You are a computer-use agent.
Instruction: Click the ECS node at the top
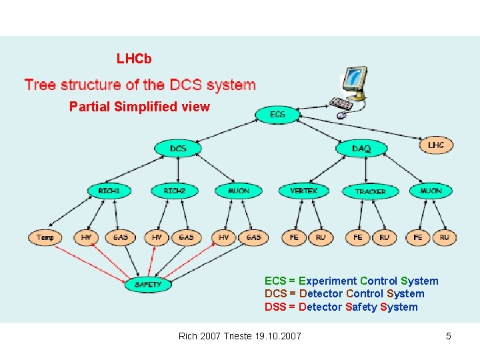278,115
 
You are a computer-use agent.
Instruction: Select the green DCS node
178,148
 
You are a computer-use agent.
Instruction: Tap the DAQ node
361,149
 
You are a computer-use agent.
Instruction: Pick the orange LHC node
435,145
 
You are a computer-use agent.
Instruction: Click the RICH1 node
109,191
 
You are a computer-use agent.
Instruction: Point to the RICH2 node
174,191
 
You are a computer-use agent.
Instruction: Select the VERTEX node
303,191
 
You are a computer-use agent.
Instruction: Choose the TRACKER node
370,191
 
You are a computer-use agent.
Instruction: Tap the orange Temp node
45,237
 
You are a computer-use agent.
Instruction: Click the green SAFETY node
148,285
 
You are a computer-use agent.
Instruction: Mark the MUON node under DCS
238,191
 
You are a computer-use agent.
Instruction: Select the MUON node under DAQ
431,191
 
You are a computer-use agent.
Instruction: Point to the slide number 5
449,336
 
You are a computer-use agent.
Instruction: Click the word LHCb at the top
134,59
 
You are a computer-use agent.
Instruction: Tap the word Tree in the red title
40,85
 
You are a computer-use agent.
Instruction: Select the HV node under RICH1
87,237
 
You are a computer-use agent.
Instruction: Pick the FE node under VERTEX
294,237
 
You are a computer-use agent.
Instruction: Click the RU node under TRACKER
384,237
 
